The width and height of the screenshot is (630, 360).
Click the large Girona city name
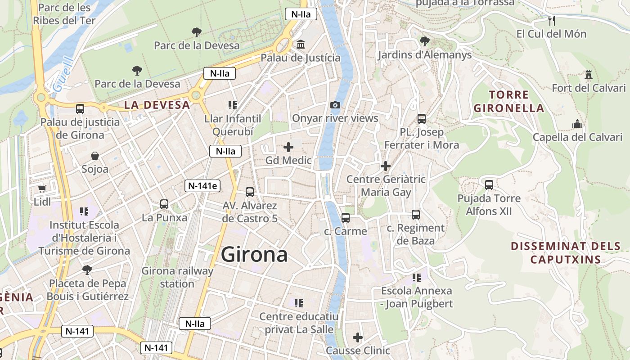click(254, 255)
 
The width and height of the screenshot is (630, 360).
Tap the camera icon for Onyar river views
click(335, 105)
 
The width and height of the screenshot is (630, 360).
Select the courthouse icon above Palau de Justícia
click(301, 45)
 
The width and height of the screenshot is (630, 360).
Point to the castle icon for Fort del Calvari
click(588, 75)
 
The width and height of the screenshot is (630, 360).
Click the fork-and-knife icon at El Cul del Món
click(552, 20)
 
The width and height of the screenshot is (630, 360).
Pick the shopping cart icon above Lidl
click(42, 189)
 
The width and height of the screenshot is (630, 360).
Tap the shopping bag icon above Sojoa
click(95, 156)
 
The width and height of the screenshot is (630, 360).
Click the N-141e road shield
click(202, 186)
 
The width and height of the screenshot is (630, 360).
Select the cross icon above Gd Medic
click(288, 147)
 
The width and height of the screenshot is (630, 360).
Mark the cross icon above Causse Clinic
click(358, 337)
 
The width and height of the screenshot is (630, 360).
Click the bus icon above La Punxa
click(164, 204)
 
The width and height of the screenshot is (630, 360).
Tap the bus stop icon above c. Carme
click(346, 217)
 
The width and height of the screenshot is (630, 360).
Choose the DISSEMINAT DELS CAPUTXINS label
click(566, 253)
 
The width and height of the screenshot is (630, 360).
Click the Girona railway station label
click(177, 277)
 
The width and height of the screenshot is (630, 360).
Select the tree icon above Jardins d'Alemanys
click(424, 41)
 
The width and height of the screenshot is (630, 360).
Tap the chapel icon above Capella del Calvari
click(577, 124)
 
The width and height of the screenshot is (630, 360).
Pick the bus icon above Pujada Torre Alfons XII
click(489, 184)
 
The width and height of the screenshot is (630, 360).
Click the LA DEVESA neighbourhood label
click(157, 105)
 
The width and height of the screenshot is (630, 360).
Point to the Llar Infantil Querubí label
click(233, 125)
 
